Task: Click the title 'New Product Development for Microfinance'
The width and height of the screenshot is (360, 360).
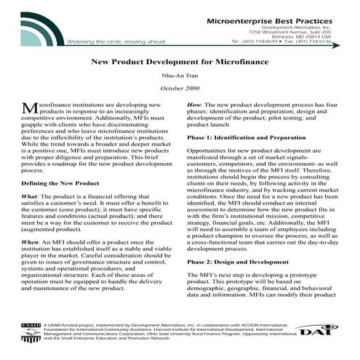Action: (180, 64)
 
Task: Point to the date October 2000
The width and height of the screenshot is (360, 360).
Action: (180, 89)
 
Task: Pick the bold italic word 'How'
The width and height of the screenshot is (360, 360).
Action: (193, 104)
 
